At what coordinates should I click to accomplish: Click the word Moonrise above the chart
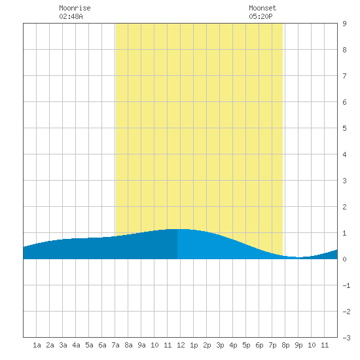pos(75,8)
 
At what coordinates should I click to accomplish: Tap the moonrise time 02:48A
pos(71,16)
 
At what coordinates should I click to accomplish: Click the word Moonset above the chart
pos(262,8)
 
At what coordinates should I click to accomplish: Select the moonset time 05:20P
pos(261,16)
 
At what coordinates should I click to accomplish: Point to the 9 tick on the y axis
pos(344,24)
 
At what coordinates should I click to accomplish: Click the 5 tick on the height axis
pos(344,128)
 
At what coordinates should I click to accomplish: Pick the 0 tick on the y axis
pos(344,259)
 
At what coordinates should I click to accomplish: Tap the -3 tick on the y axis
pos(346,338)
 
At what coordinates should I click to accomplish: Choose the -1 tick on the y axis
pos(346,285)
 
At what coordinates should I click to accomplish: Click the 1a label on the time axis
pos(37,345)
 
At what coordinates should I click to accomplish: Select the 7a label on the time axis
pos(115,345)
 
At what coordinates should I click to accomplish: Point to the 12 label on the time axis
pos(181,345)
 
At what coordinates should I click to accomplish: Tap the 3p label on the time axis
pos(220,345)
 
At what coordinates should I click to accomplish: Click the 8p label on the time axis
pos(285,345)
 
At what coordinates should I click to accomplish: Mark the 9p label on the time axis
pos(298,345)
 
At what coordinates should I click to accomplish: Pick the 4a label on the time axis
pos(76,345)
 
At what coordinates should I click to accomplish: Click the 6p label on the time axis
pos(259,345)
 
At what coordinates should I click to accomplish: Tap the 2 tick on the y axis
pos(344,207)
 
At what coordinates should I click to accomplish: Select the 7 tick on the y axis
pos(344,76)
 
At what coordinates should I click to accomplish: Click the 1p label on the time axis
pos(194,345)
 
